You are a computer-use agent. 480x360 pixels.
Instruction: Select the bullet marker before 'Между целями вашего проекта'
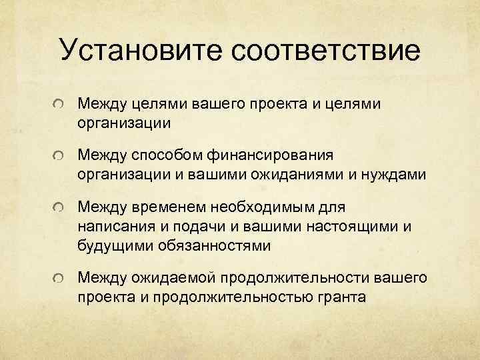61,105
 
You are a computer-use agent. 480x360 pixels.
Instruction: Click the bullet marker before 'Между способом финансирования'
61,156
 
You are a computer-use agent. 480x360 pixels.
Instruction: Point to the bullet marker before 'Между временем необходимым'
61,207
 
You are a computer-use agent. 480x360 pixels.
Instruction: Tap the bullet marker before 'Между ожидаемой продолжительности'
61,276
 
